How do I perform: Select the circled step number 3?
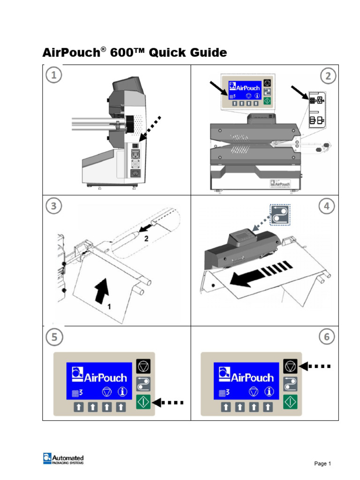pos(54,206)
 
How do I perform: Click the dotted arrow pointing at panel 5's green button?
pos(168,402)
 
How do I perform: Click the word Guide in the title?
pos(205,53)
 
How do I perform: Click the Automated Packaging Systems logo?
pos(63,459)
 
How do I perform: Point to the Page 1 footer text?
pos(322,464)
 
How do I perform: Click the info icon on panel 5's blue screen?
pos(123,391)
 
